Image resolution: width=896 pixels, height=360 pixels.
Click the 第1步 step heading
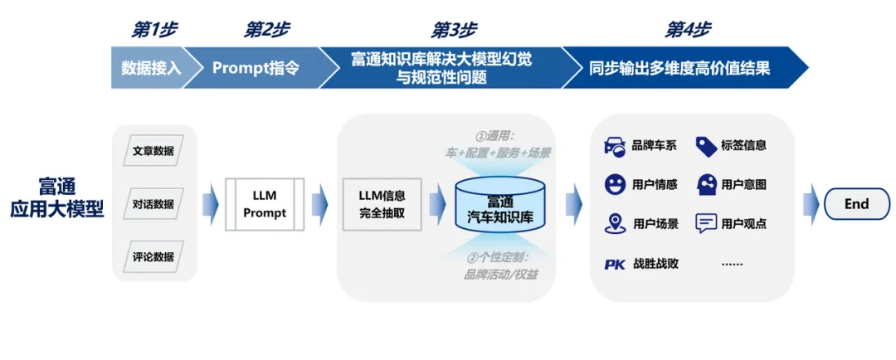pyautogui.click(x=154, y=30)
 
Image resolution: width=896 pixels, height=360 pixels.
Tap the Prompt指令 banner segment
pyautogui.click(x=256, y=68)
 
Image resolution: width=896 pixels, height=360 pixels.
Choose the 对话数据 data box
pyautogui.click(x=153, y=204)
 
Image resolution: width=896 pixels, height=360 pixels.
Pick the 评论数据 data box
pyautogui.click(x=153, y=256)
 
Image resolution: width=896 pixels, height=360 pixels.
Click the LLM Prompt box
pyautogui.click(x=265, y=204)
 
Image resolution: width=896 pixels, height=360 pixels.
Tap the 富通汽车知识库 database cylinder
pyautogui.click(x=500, y=204)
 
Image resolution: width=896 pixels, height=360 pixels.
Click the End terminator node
pyautogui.click(x=856, y=204)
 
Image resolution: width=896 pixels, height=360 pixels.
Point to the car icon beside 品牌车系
pyautogui.click(x=615, y=146)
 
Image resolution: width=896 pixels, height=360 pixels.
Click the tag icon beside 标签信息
pyautogui.click(x=706, y=146)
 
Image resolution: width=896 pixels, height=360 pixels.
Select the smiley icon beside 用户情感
pyautogui.click(x=615, y=184)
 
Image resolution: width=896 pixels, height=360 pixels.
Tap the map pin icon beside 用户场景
pyautogui.click(x=615, y=223)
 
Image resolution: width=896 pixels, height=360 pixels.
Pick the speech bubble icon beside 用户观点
pyautogui.click(x=706, y=223)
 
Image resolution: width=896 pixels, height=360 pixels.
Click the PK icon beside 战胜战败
pyautogui.click(x=615, y=264)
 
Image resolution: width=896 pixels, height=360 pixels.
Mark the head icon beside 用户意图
pyautogui.click(x=706, y=184)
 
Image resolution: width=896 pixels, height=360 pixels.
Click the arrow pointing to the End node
pyautogui.click(x=811, y=204)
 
